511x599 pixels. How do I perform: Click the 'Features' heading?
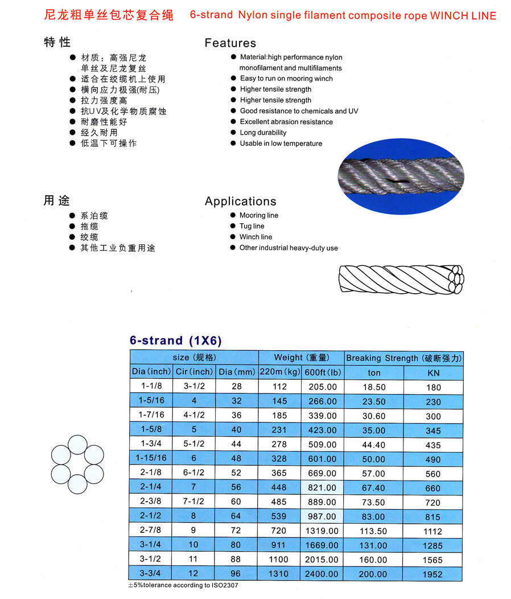pos(230,43)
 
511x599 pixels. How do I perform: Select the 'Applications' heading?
pos(240,201)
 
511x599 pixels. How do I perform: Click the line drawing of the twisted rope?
pos(401,279)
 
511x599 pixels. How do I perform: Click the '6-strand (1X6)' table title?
pos(175,340)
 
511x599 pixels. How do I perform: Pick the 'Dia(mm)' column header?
pos(237,372)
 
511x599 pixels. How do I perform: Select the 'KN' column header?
pos(433,373)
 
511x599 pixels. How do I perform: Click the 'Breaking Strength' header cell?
pos(404,358)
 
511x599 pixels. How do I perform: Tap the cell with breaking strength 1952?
pos(433,575)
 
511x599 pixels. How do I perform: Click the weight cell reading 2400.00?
pos(321,574)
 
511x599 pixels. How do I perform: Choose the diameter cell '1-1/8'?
pos(151,387)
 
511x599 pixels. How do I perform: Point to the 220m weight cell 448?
pos(280,487)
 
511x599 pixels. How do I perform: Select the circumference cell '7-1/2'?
pos(193,502)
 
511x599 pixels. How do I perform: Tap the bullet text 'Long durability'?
pos(263,133)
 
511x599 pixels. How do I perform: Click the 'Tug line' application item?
pos(252,226)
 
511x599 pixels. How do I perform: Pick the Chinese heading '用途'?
pos(56,200)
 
